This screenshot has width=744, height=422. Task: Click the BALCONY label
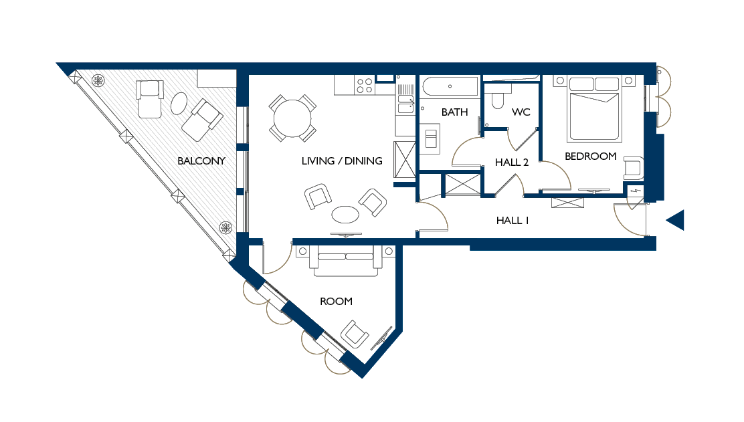coord(201,161)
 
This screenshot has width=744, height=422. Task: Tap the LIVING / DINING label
coord(342,161)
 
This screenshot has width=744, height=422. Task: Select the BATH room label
coord(454,112)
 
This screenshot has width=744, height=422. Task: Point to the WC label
coord(521,112)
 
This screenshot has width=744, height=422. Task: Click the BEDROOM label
coord(590,156)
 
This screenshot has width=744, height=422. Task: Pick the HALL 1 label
coord(513,221)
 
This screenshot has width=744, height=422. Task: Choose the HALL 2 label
coord(511,162)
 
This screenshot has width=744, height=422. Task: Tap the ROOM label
coord(336,301)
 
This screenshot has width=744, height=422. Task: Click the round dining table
coord(292,118)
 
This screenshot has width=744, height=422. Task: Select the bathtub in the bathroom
coord(450,87)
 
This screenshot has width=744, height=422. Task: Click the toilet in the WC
coord(498,98)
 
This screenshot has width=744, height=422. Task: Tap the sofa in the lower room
coord(346,261)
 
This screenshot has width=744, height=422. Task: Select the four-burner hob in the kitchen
coord(365,86)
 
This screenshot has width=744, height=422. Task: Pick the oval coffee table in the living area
coord(345,214)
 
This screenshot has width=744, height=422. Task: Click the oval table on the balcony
coord(179,104)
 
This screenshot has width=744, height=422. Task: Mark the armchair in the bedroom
coord(633,168)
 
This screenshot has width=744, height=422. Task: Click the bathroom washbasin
coord(431,138)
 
